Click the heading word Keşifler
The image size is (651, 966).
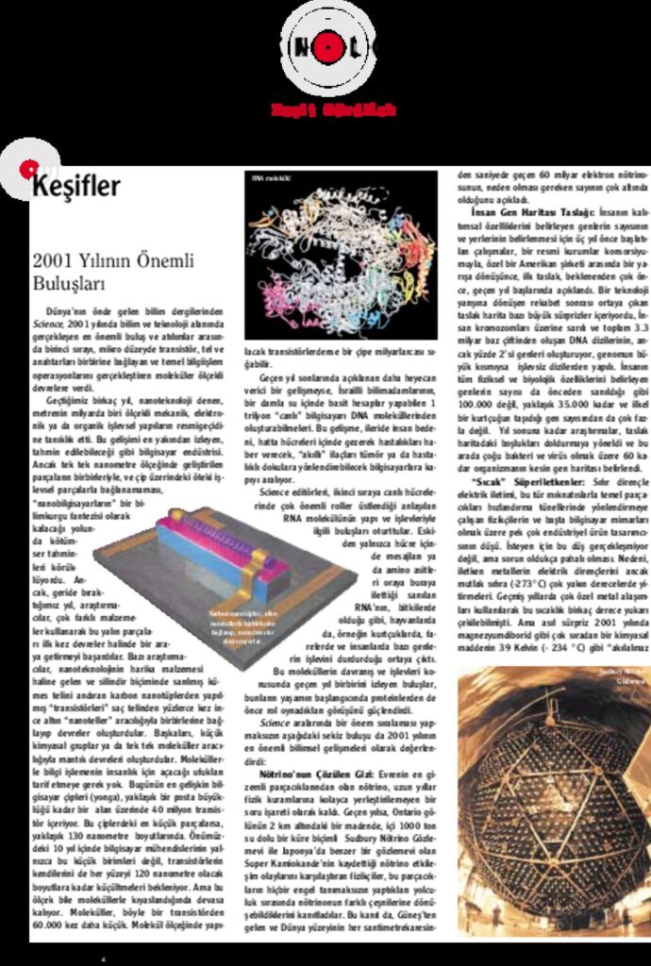click(77, 186)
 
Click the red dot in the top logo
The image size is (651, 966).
click(328, 46)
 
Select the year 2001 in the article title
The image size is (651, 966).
click(52, 261)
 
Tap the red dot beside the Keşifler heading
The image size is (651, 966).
click(27, 169)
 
